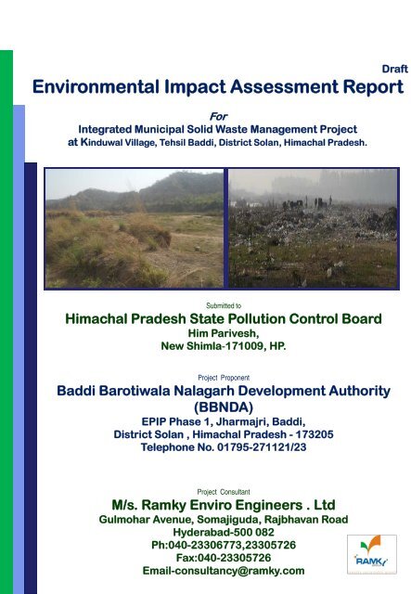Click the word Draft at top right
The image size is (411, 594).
pyautogui.click(x=394, y=70)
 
